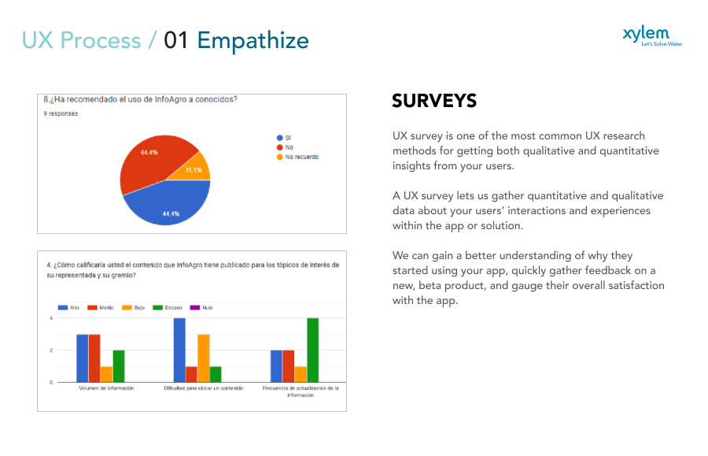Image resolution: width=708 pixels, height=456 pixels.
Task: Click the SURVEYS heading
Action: (434, 101)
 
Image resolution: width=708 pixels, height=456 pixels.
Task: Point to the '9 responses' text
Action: (61, 113)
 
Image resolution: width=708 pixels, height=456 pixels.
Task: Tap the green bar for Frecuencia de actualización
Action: (312, 350)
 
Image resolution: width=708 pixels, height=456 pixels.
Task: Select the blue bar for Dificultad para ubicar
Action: (179, 350)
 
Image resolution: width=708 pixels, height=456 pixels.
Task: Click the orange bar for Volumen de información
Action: (106, 374)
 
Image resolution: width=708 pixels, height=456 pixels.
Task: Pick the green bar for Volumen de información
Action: (118, 366)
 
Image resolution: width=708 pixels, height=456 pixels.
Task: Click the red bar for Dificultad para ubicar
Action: (191, 374)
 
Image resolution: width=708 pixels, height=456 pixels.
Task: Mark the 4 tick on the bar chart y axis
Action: (51, 318)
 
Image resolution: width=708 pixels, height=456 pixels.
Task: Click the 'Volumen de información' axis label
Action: (106, 388)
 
